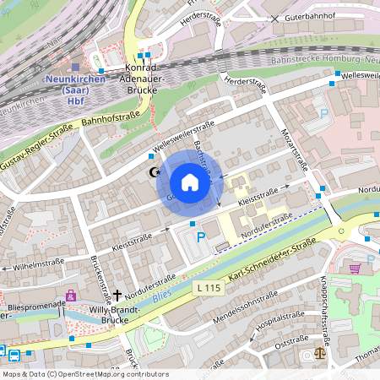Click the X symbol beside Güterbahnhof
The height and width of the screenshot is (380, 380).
coord(274,18)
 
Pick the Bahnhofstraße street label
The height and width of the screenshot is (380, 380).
coord(110,123)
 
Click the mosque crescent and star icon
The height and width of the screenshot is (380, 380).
coord(154,172)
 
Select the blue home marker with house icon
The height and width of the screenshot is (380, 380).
coord(189,182)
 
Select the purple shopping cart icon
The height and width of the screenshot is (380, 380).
coord(355,268)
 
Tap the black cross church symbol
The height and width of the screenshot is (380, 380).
coord(117,294)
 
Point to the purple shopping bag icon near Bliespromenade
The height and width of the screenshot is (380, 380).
coord(71,296)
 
